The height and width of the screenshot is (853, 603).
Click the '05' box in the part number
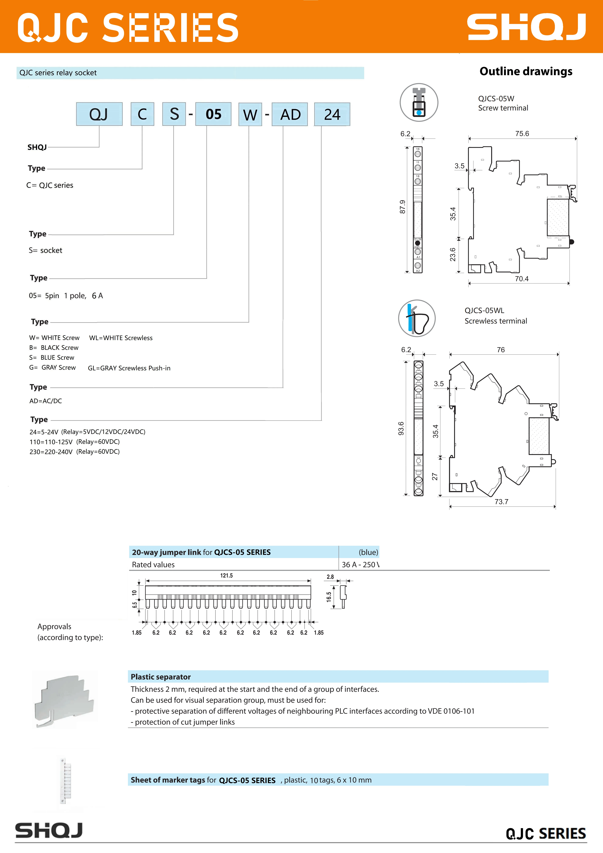pyautogui.click(x=213, y=114)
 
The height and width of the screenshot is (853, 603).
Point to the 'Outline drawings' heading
pyautogui.click(x=526, y=71)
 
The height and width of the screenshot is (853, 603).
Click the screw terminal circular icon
pyautogui.click(x=419, y=102)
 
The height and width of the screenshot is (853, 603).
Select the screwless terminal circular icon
pyautogui.click(x=417, y=318)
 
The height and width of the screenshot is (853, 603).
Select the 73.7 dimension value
pyautogui.click(x=501, y=501)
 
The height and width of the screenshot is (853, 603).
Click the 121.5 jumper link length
pyautogui.click(x=227, y=576)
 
